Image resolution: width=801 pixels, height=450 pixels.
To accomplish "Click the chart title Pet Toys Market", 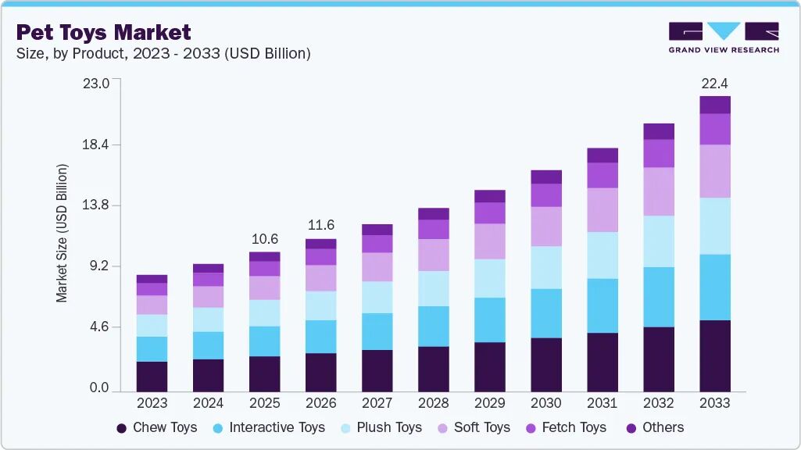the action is pos(104,32).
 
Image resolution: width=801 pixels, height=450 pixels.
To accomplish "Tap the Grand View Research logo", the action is pos(724,37).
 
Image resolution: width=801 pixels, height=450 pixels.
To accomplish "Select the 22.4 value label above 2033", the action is pos(715,84).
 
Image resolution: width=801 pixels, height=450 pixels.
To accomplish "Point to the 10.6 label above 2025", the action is pos(265,239).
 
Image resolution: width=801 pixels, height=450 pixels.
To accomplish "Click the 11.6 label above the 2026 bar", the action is pos(321,225).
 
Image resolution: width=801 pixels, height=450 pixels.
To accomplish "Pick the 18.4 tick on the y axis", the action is pos(95,145).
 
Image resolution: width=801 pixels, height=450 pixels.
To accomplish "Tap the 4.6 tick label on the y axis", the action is pos(99,327).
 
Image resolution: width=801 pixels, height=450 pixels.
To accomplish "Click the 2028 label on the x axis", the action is pos(433,403).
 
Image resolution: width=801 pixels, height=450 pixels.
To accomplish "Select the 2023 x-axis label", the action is pos(152,403).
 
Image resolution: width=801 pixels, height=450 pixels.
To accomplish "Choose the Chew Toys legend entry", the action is pos(157,427).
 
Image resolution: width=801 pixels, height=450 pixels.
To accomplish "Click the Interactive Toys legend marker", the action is pos(218,428).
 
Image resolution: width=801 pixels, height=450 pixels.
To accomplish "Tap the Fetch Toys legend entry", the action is pos(566,427).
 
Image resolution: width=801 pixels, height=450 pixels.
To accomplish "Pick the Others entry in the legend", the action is pos(655,427).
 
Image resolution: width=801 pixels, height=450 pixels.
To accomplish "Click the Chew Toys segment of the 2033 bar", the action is pos(715,356).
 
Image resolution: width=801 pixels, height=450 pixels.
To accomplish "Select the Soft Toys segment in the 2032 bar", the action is pos(659,191).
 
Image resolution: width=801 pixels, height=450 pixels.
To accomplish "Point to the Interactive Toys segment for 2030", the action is pos(546,313).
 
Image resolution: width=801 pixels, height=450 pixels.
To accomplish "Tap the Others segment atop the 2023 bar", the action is pos(152,279).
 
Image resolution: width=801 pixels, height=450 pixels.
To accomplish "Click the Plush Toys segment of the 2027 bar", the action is pos(377,298).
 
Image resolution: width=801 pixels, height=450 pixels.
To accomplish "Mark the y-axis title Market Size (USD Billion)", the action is pos(62,234).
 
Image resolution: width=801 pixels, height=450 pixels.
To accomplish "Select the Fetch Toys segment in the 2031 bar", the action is pos(603,175).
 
